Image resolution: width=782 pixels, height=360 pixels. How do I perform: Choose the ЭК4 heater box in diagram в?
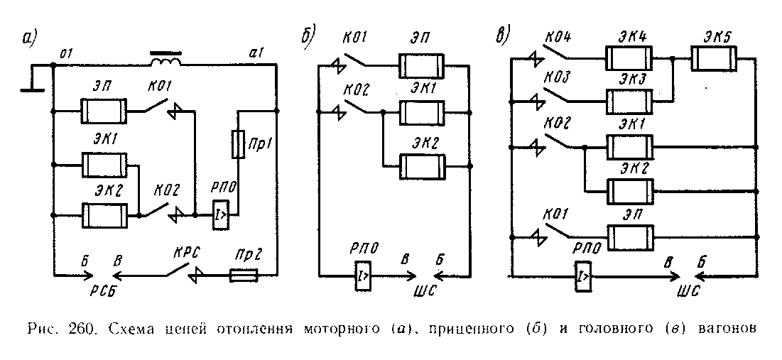(x=627, y=60)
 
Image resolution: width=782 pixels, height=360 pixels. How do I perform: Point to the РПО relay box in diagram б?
(x=362, y=273)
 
